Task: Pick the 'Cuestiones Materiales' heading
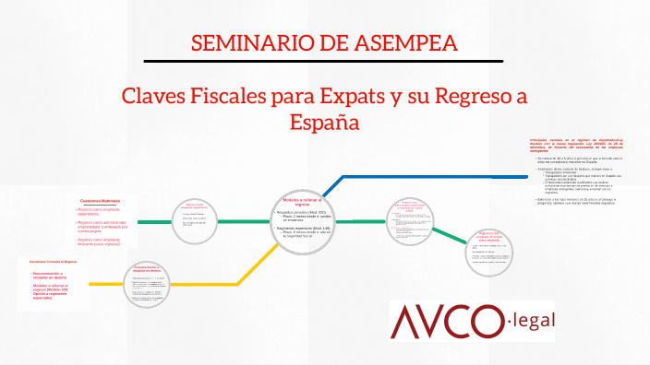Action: pos(100,200)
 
